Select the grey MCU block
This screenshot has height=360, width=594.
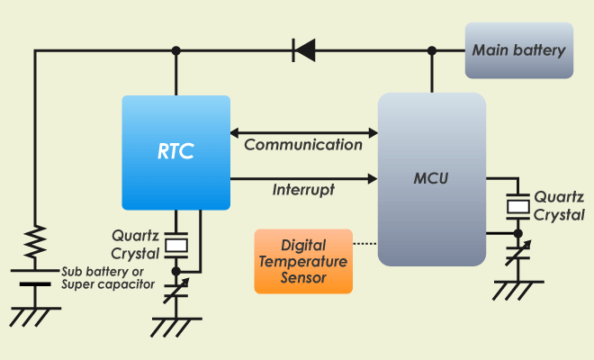coord(431,179)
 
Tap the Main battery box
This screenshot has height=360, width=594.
coord(519,49)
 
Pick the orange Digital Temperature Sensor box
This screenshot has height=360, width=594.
coord(302,261)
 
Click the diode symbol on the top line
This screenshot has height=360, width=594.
coord(304,49)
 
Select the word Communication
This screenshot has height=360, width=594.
coord(303,144)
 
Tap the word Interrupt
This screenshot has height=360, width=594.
coord(303,190)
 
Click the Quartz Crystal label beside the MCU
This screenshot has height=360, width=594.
coord(559,205)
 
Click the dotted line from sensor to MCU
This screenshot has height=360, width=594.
coord(364,243)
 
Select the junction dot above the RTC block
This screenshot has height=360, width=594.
coord(177,49)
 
